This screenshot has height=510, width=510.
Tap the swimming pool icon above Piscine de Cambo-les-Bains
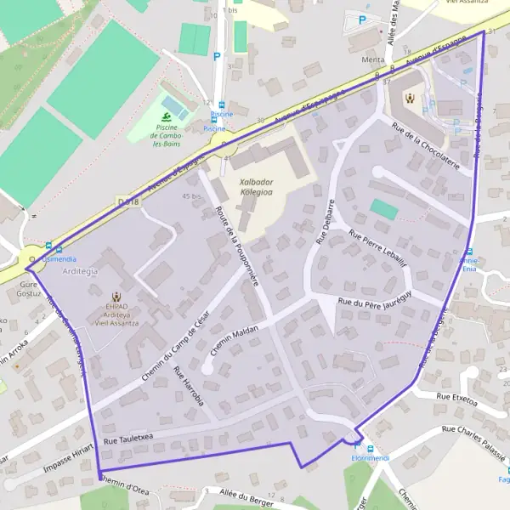167,115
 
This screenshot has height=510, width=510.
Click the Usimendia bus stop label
59,258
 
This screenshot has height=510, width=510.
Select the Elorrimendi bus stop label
369,460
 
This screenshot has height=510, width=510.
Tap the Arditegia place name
81,271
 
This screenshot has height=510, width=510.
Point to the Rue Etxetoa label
457,396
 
